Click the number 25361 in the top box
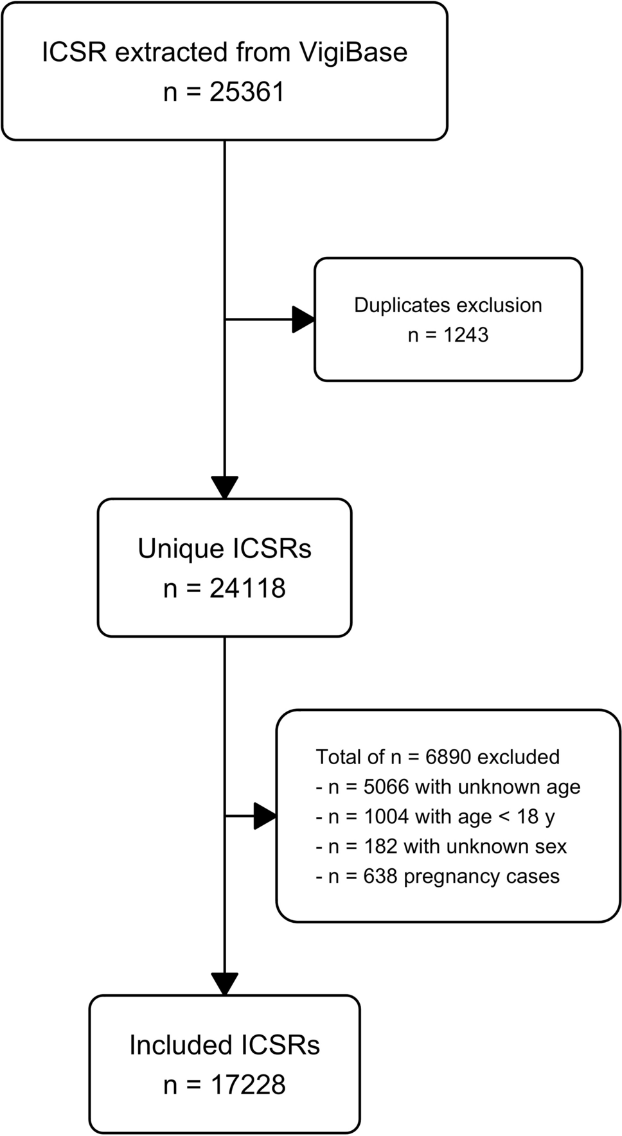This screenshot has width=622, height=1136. pos(247,92)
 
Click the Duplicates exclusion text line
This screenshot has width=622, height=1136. pos(448,305)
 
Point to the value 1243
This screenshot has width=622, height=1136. pos(465,335)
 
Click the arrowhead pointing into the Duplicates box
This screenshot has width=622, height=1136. pos(303,319)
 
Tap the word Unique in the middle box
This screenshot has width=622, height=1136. pos(181,549)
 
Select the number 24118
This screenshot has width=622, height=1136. pos(247,589)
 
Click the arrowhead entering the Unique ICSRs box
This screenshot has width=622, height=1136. pos(225,487)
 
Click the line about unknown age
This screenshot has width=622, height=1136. pos(448,787)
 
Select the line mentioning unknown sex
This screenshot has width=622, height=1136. pos(441,846)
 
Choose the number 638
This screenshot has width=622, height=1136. pos(380,877)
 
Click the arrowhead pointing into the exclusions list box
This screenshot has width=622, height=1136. pos(265,816)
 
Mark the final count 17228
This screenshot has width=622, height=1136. pos(247,1085)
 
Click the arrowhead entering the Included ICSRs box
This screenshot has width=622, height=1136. pos(225,984)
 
